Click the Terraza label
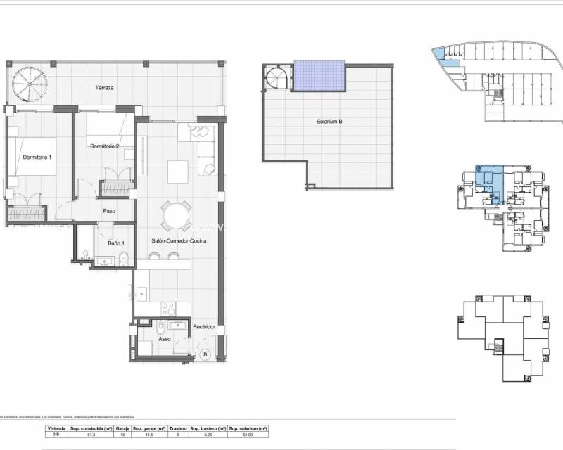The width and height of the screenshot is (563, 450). [105, 88]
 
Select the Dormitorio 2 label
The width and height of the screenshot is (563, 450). [105, 146]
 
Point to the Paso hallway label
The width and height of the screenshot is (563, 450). [109, 210]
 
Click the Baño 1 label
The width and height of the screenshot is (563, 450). [98, 243]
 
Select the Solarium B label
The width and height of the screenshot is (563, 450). [329, 121]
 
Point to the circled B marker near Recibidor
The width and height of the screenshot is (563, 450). [205, 354]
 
